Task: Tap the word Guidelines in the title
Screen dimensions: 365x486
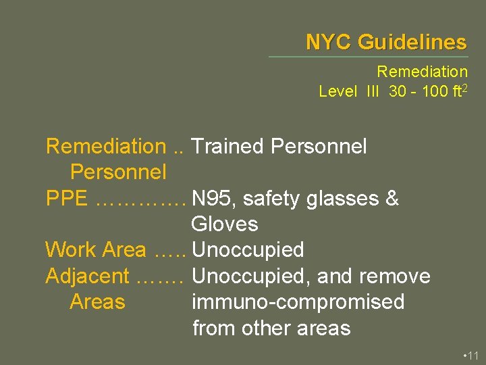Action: click(x=412, y=43)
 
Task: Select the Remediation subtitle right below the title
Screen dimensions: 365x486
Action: click(x=422, y=72)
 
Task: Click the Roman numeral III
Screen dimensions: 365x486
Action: click(x=372, y=91)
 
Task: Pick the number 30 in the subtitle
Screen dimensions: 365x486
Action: click(x=398, y=91)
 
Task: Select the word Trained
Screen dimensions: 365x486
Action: click(x=228, y=146)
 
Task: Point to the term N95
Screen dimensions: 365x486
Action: click(x=213, y=199)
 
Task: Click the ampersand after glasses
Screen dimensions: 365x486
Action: click(x=393, y=199)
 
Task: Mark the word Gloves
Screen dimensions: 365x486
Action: click(x=225, y=224)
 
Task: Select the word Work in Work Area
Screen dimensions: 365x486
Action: click(x=70, y=250)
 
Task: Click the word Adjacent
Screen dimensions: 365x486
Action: click(x=87, y=276)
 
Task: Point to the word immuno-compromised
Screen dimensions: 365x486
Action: click(x=298, y=301)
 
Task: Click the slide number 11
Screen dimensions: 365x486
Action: click(x=473, y=355)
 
